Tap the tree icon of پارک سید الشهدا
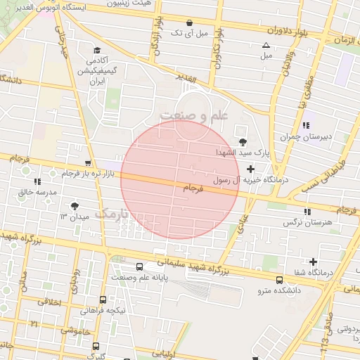point(243,141)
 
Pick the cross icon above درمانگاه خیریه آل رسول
point(250,169)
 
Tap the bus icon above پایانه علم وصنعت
point(139,267)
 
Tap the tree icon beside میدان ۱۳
point(75,205)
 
